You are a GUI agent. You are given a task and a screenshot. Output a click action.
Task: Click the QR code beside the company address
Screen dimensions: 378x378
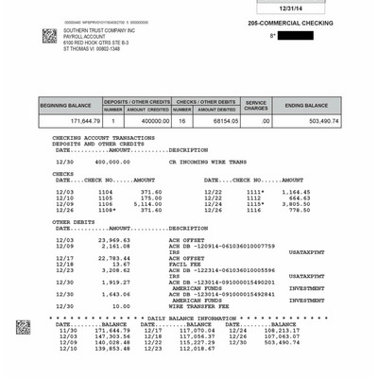coord(49,36)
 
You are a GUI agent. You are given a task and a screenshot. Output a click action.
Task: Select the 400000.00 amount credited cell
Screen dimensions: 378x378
coord(148,121)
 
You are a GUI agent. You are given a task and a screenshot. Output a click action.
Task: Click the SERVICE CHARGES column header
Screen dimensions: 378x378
coord(256,105)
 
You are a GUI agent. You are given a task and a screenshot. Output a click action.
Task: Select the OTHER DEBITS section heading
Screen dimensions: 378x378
coord(75,221)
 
